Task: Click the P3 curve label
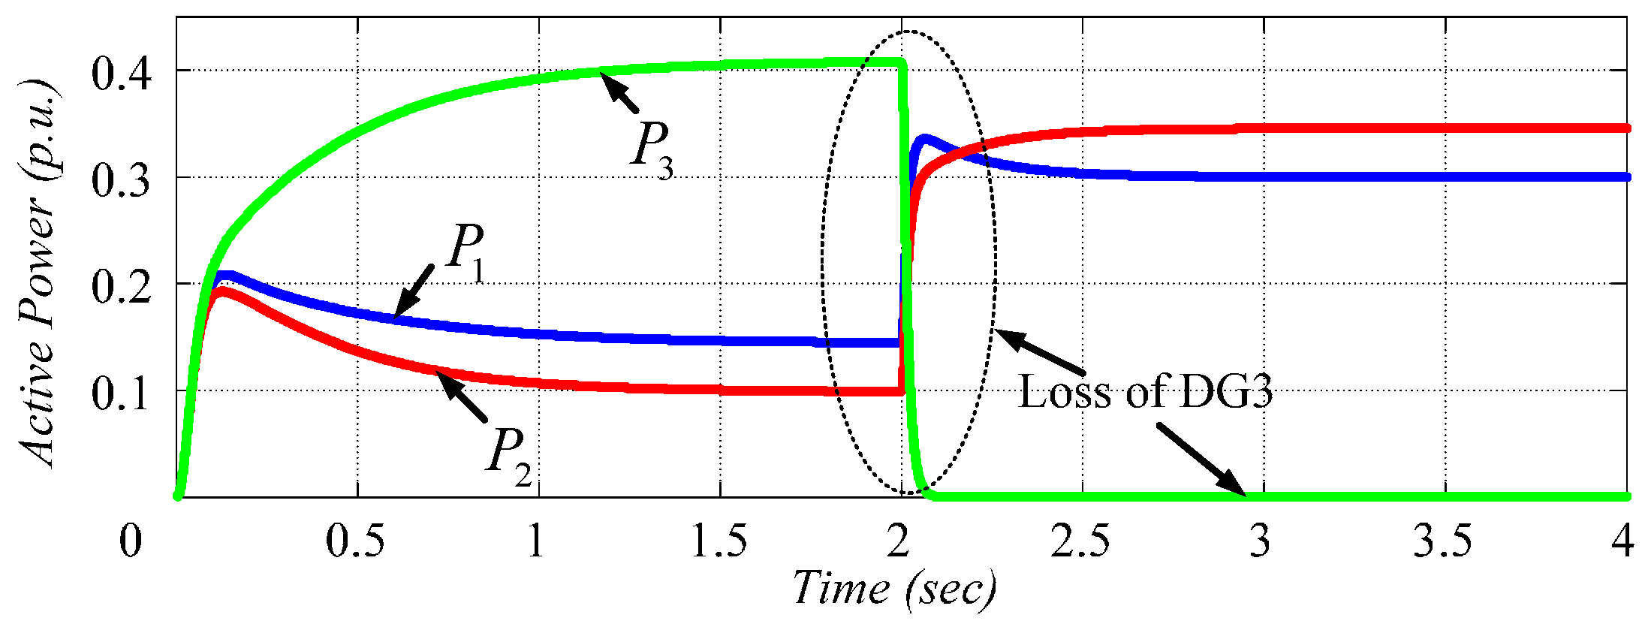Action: tap(652, 149)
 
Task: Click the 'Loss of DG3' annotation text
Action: tap(1145, 392)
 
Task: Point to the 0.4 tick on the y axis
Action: tap(121, 73)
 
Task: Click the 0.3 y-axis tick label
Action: tap(121, 180)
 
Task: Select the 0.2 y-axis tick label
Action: tap(121, 287)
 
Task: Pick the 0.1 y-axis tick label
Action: tap(121, 393)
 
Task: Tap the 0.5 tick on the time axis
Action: tap(356, 541)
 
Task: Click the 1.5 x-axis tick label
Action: tap(719, 541)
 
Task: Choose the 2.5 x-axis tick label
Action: tap(1081, 541)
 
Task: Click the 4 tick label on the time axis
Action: tap(1623, 541)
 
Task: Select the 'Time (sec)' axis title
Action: tap(895, 589)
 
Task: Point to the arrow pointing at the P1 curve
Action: tap(414, 291)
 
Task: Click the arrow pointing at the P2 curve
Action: tap(462, 396)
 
